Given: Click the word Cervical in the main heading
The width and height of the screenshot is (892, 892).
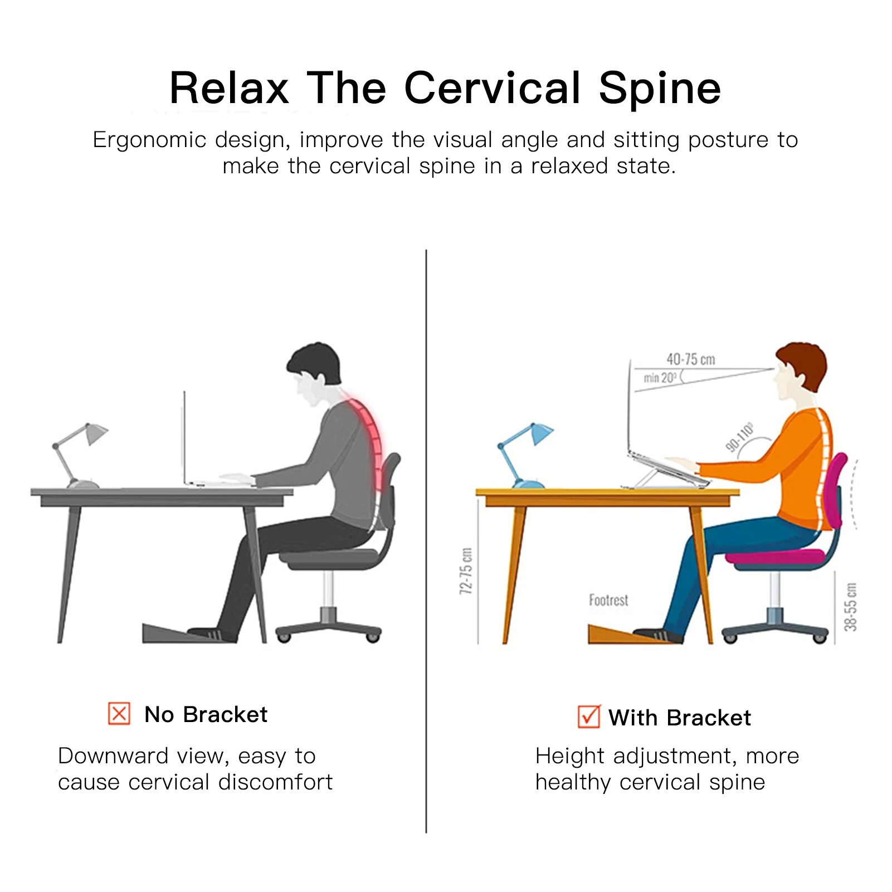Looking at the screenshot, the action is tap(493, 88).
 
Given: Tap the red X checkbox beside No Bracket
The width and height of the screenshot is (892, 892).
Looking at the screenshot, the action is tap(119, 714).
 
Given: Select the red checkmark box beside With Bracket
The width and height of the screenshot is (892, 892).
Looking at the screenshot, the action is tap(589, 716).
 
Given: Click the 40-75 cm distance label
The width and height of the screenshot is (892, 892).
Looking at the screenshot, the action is tap(691, 359).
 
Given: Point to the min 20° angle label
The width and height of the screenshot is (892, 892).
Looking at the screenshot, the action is tap(660, 378).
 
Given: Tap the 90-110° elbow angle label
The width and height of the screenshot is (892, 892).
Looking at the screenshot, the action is tap(740, 437).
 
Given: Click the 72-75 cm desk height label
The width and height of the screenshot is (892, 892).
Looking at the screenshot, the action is tap(466, 571).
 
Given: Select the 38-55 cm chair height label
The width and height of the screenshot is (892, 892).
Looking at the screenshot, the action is tap(850, 607).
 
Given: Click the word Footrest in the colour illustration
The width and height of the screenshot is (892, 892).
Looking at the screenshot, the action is tap(608, 600).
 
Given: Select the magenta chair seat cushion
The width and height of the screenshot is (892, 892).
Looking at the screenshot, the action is tap(774, 557).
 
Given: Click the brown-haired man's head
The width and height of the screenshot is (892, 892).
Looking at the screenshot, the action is tap(800, 371).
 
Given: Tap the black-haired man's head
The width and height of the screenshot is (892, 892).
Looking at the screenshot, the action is tap(314, 373).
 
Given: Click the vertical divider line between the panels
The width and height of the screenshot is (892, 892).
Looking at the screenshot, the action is tap(426, 541).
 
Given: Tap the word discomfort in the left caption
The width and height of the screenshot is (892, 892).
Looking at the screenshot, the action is tap(275, 782).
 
